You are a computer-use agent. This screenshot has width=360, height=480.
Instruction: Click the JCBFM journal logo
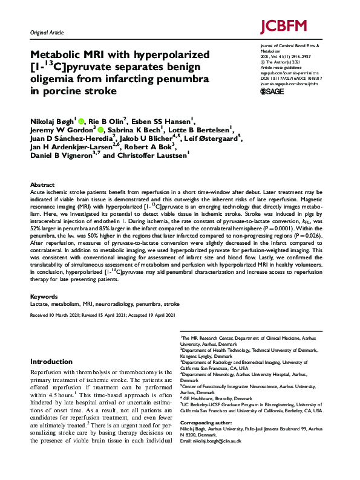point(284,27)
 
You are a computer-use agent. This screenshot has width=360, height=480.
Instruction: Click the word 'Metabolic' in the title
point(60,55)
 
